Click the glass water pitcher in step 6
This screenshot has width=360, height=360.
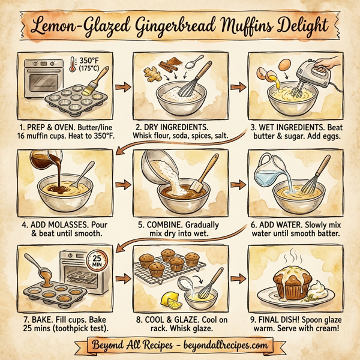[265, 169]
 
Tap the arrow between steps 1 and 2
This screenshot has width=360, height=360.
[122, 88]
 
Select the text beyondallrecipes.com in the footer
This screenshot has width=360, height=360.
[221, 346]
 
